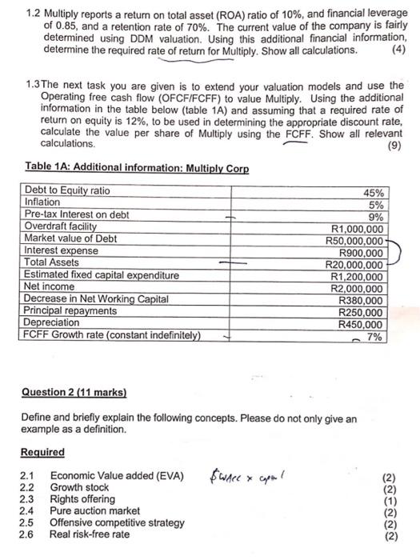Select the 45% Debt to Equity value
tap(374, 193)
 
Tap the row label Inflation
tap(42, 202)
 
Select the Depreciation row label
tap(52, 322)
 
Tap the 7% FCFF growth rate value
tap(374, 337)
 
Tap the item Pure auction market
tap(94, 510)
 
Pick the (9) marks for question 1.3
tap(393, 146)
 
